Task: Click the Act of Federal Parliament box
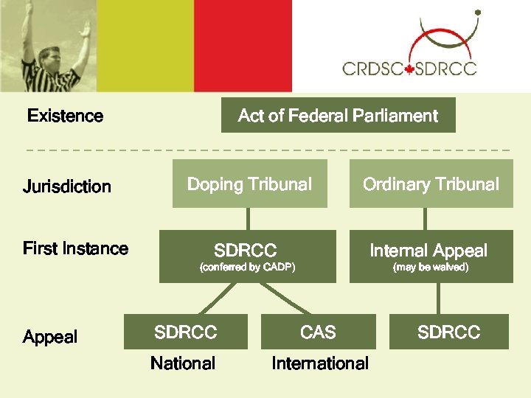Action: click(338, 116)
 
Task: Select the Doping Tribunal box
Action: click(249, 184)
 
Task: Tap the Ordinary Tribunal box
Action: click(431, 184)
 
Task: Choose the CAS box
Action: click(318, 332)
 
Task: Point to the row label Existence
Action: click(65, 116)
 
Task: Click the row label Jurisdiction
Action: click(67, 186)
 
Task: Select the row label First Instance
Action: click(75, 248)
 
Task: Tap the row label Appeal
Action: click(50, 337)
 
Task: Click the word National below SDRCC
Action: click(183, 363)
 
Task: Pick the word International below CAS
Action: click(320, 363)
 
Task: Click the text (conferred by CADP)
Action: click(248, 268)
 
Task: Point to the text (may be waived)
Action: click(431, 268)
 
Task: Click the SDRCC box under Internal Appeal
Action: click(448, 332)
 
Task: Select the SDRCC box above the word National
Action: click(186, 332)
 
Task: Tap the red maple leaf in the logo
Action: click(409, 69)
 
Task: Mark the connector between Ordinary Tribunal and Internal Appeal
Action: click(426, 219)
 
